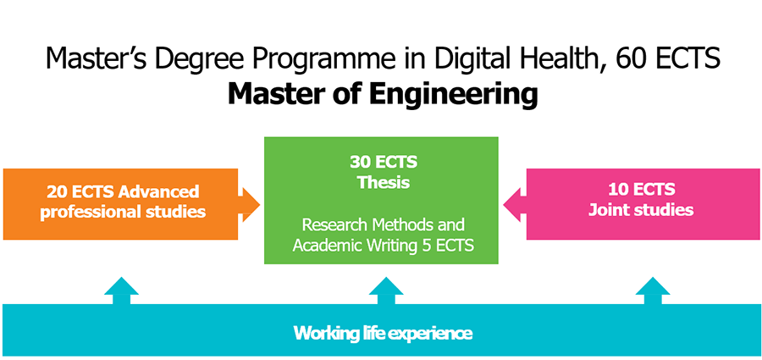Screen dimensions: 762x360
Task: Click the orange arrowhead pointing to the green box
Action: click(249, 205)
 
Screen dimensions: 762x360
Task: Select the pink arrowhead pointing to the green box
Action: click(515, 205)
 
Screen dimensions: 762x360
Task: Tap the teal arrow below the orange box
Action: click(121, 291)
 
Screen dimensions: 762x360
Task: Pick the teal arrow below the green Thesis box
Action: click(386, 291)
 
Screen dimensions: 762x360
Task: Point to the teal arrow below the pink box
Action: click(653, 291)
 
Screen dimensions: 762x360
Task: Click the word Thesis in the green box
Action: click(384, 182)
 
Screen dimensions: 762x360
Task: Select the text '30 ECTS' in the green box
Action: click(384, 162)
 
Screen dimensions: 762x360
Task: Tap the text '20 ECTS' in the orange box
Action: click(80, 191)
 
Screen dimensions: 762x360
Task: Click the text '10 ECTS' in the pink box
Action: click(641, 189)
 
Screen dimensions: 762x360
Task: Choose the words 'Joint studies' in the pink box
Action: click(641, 210)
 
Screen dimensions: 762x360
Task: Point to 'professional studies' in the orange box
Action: click(123, 212)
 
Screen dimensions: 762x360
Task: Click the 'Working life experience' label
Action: click(383, 334)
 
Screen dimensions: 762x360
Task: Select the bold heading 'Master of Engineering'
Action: click(383, 94)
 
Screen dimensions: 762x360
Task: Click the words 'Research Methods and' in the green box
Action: click(384, 225)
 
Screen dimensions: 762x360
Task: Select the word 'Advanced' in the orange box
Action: click(158, 191)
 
